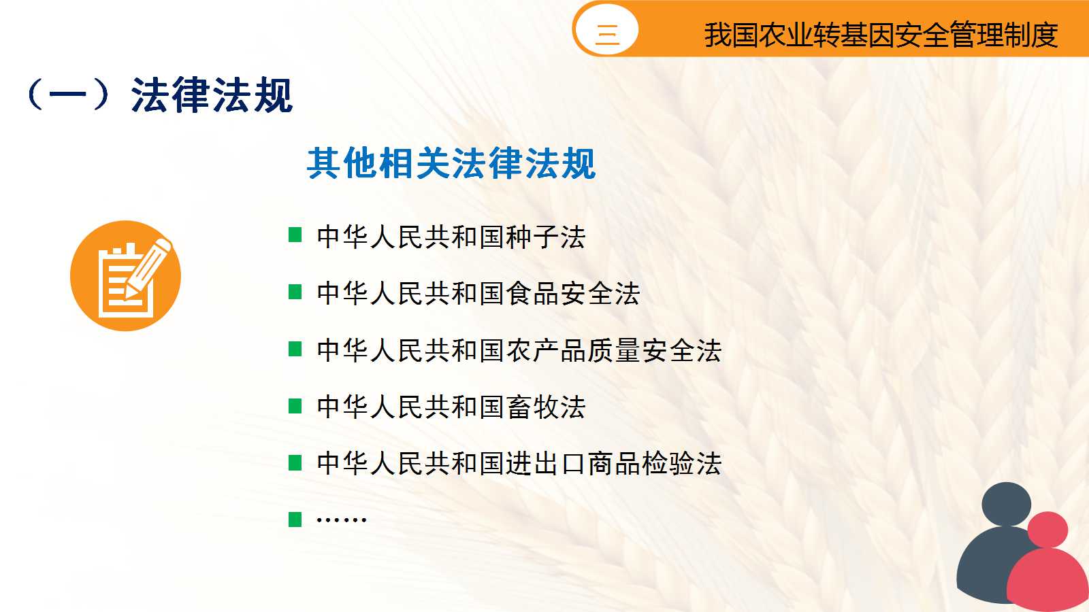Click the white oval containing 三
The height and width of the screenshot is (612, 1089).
(606, 29)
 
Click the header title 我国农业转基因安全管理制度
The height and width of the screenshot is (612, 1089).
(881, 35)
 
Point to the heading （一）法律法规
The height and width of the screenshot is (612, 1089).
(160, 95)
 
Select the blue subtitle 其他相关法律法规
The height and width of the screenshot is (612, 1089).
(451, 163)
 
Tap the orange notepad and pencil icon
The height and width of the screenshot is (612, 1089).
(125, 276)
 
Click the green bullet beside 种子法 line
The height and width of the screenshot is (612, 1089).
(295, 235)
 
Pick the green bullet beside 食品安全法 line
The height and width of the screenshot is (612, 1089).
(295, 292)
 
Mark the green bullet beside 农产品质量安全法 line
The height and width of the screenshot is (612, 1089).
(295, 349)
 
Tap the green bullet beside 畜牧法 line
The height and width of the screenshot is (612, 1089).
(295, 406)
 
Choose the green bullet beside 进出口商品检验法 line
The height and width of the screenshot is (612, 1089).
(295, 463)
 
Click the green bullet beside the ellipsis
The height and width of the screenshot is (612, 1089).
(295, 520)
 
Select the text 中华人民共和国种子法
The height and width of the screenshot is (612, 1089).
(451, 237)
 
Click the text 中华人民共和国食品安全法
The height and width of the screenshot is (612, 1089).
(478, 294)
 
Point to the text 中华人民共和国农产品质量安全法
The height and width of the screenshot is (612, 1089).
(519, 351)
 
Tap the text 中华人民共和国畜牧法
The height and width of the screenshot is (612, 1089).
(451, 407)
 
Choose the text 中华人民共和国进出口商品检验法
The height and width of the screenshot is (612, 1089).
(519, 464)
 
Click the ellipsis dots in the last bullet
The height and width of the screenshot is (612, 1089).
(341, 520)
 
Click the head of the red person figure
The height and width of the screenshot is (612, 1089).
(1047, 530)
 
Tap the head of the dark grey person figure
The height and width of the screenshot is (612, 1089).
(1007, 504)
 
